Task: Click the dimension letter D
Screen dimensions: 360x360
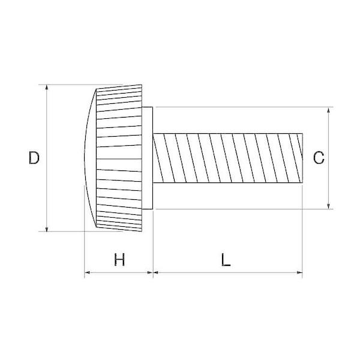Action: tap(34, 158)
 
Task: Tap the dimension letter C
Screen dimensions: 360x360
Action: tap(319, 158)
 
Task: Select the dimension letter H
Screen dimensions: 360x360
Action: tap(119, 260)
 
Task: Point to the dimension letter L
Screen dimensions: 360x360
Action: tap(226, 260)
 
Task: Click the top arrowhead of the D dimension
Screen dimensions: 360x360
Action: tap(47, 87)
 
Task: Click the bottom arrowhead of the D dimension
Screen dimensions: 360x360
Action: tap(47, 229)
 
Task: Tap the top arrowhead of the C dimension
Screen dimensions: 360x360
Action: tap(329, 110)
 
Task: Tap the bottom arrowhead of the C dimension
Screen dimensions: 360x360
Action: tap(329, 206)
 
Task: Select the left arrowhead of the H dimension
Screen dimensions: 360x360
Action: tap(87, 272)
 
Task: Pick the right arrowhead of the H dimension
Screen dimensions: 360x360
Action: tap(150, 272)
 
